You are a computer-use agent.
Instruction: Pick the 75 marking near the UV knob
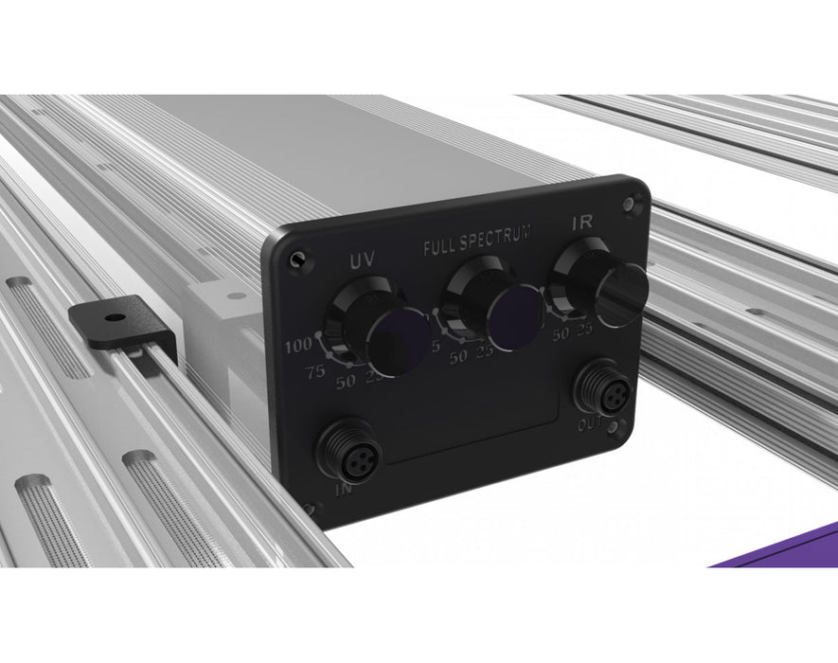tap(315, 371)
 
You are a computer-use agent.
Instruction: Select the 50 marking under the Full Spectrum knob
tap(459, 356)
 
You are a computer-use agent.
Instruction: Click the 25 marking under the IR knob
tap(584, 330)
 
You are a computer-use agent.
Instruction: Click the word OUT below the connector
tap(590, 424)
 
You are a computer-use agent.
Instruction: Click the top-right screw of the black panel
tap(630, 202)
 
